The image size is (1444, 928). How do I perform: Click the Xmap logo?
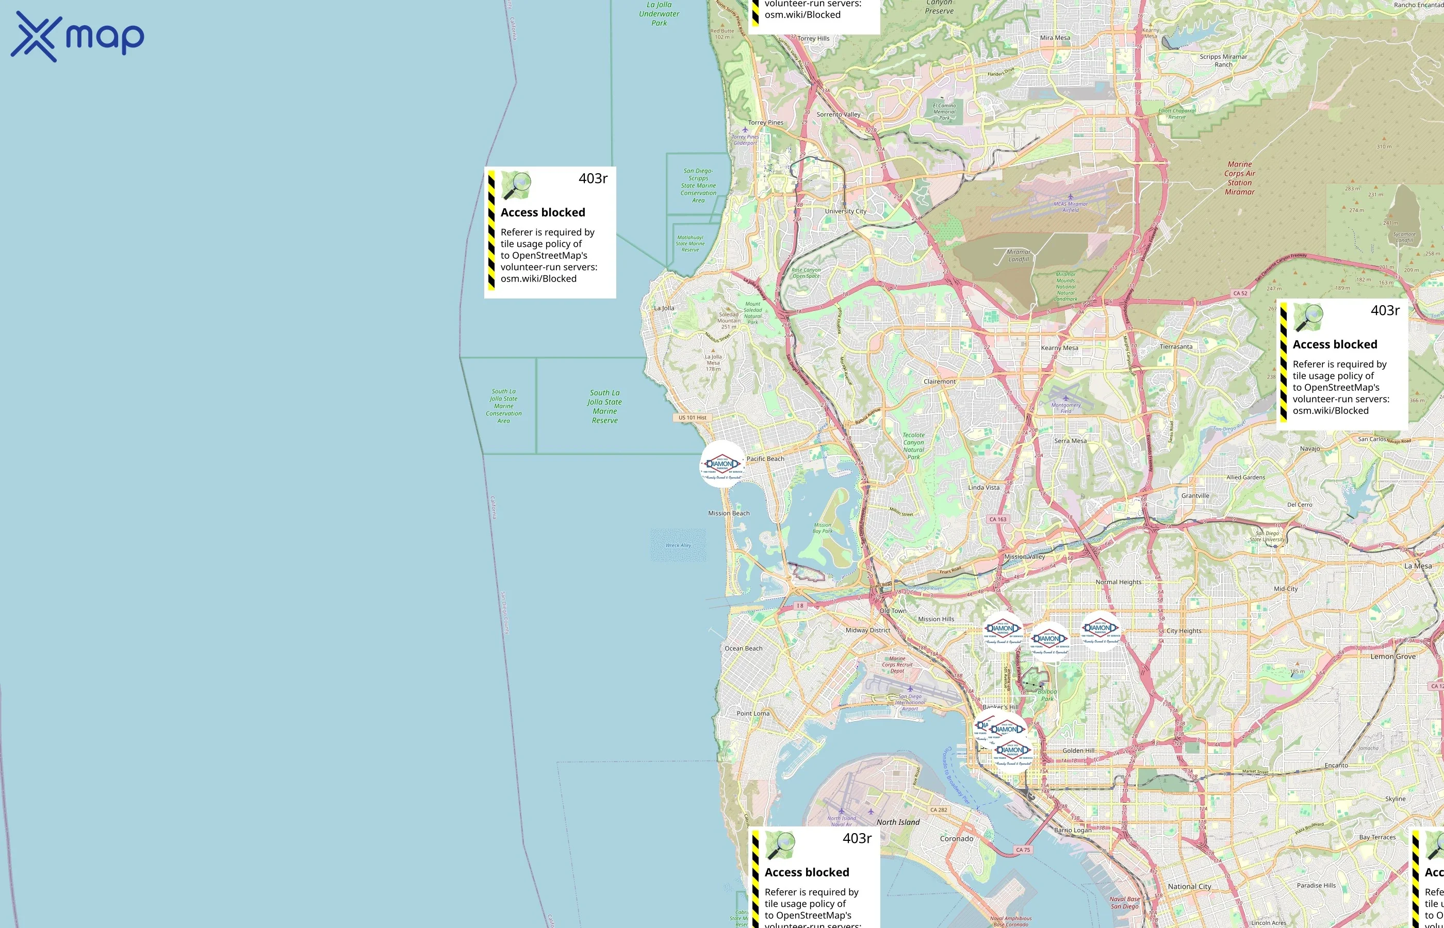click(x=77, y=36)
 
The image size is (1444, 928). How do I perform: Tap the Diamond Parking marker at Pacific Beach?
click(x=722, y=464)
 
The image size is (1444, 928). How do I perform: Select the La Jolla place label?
click(x=664, y=308)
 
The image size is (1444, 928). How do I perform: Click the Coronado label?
click(x=957, y=838)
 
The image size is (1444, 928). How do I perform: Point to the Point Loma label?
click(x=753, y=713)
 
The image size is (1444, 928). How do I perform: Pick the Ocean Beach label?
click(x=743, y=649)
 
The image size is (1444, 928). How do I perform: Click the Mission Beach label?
click(x=729, y=513)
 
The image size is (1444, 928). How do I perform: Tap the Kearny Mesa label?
click(x=1059, y=347)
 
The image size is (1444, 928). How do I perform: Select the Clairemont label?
click(x=940, y=382)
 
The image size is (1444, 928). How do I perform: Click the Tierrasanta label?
click(x=1176, y=346)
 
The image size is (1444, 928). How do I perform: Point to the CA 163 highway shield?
click(x=997, y=519)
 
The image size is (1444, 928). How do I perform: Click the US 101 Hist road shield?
click(x=692, y=417)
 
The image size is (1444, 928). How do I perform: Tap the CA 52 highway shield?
click(x=1240, y=293)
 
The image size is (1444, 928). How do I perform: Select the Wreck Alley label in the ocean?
click(x=678, y=545)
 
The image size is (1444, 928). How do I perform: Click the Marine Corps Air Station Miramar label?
click(x=1240, y=178)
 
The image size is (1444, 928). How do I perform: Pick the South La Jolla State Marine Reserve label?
click(x=604, y=406)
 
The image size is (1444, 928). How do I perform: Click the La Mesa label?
click(x=1418, y=566)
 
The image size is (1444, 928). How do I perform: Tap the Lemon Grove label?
click(x=1393, y=656)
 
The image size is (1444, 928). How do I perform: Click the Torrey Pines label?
click(x=766, y=122)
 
